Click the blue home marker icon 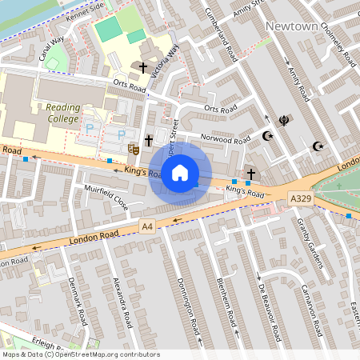pos(180,172)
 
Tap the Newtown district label pos(293,26)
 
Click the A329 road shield pos(300,198)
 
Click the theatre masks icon pos(134,147)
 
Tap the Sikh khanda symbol pos(282,122)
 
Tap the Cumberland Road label pos(221,39)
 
